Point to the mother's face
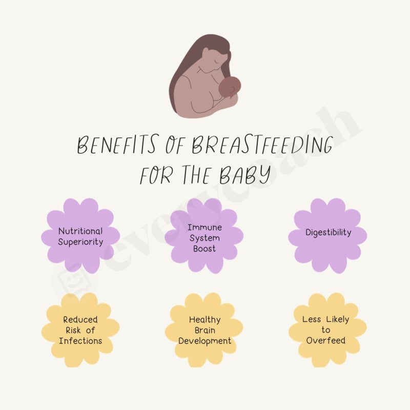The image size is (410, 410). coord(212,57)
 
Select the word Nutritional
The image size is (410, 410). coord(80,231)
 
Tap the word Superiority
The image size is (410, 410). coord(80,242)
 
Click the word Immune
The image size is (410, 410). coord(204,227)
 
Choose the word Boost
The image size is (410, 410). coord(204,249)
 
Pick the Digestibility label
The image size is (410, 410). coord(329,232)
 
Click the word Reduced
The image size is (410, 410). coord(80,319)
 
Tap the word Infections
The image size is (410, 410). coord(80,341)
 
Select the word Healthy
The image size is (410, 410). coord(204,319)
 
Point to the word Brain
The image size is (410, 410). coord(204,330)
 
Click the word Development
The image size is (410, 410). coord(204,341)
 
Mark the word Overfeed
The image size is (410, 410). coord(326,340)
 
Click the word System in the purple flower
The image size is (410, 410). coord(204,238)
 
